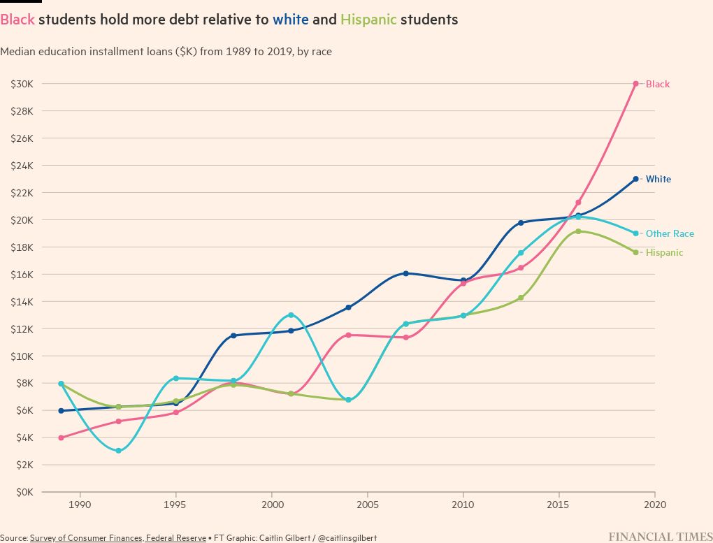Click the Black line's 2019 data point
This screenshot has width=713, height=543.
pyautogui.click(x=635, y=84)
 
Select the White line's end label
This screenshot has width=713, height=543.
pyautogui.click(x=658, y=179)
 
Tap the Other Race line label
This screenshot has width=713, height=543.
pyautogui.click(x=670, y=233)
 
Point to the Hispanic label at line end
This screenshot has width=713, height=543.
pyautogui.click(x=664, y=252)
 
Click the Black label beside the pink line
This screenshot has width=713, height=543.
pyautogui.click(x=657, y=84)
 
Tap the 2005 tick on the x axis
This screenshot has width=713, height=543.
pyautogui.click(x=367, y=504)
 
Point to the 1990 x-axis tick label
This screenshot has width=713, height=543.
pyautogui.click(x=80, y=504)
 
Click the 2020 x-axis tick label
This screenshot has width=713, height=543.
pyautogui.click(x=654, y=504)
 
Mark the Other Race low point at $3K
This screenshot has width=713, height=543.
pyautogui.click(x=118, y=451)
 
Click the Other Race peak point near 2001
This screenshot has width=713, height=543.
pyautogui.click(x=291, y=315)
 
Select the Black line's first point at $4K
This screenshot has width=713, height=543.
pyautogui.click(x=62, y=437)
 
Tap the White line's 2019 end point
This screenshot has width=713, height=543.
pyautogui.click(x=635, y=179)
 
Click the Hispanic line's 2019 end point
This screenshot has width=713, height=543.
pyautogui.click(x=635, y=252)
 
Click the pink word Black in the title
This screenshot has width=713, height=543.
pyautogui.click(x=17, y=20)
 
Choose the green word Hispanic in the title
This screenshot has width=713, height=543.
pyautogui.click(x=368, y=20)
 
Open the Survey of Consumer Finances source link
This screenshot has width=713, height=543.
pyautogui.click(x=118, y=537)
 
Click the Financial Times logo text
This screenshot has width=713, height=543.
pyautogui.click(x=661, y=537)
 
